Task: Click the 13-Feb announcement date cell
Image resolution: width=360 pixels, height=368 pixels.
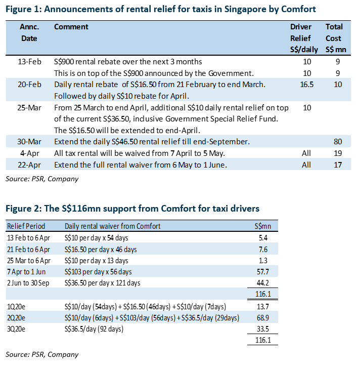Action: (29, 62)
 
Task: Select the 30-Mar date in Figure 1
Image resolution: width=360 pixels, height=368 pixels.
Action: (29, 142)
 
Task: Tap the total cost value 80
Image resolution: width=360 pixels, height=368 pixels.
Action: (338, 142)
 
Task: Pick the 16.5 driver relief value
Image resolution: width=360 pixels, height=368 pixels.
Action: (307, 85)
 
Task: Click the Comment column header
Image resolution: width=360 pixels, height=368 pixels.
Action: (71, 27)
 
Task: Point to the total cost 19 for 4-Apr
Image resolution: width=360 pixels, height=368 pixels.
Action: (338, 153)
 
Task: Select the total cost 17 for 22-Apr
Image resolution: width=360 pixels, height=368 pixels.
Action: (338, 165)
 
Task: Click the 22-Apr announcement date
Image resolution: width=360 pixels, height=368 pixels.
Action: (29, 165)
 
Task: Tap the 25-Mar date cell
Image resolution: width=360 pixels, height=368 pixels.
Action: (29, 108)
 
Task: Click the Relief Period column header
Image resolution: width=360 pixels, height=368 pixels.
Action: (26, 226)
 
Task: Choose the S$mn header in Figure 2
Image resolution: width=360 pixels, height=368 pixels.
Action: (263, 226)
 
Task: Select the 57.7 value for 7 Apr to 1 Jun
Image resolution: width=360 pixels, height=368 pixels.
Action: (263, 272)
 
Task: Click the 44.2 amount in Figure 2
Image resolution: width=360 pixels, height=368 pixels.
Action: (263, 283)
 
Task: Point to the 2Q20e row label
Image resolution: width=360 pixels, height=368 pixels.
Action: (16, 318)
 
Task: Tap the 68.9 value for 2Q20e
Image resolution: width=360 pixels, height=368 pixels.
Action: (263, 318)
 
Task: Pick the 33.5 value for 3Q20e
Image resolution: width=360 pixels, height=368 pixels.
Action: (263, 329)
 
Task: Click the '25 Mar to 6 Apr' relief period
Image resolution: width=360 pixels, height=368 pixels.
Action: (29, 261)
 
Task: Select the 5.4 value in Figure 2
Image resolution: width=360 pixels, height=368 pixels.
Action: (263, 238)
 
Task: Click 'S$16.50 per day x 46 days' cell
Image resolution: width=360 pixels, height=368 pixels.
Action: (101, 249)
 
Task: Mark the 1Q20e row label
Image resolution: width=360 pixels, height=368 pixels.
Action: (16, 307)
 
